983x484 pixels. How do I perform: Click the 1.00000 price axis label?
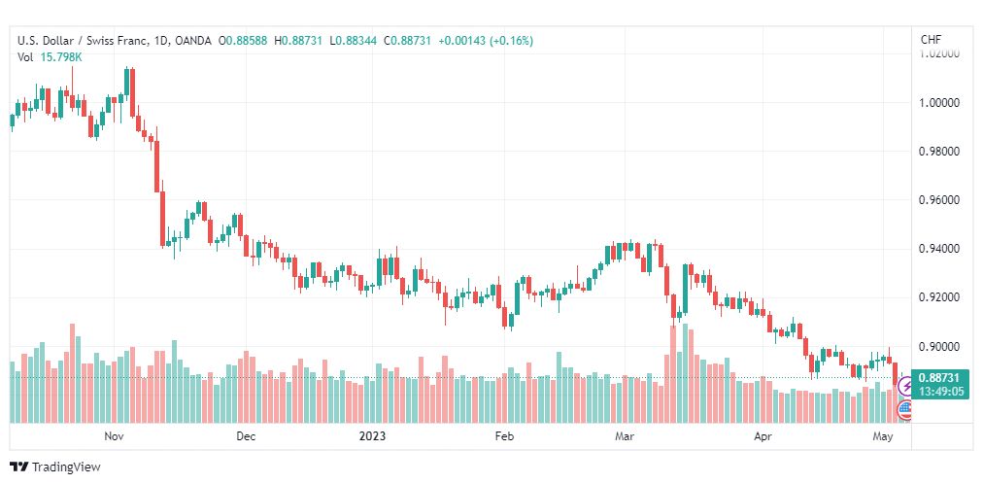[939, 102]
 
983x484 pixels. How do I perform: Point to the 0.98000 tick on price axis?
[939, 151]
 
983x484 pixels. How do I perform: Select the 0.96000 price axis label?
[939, 200]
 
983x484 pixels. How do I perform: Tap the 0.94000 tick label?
[939, 249]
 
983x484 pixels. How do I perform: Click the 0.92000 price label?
[939, 297]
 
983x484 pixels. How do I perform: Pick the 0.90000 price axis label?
[939, 347]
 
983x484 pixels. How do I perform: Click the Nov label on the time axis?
[114, 436]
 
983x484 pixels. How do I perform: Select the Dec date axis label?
[246, 436]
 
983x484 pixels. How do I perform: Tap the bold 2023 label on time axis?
[372, 436]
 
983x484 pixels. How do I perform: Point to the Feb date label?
[504, 436]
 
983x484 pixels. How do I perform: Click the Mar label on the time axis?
[625, 436]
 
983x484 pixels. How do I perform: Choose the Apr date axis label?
[763, 436]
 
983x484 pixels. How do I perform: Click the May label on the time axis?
[883, 436]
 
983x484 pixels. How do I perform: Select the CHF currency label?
[931, 40]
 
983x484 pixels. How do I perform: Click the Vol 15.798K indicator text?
[50, 57]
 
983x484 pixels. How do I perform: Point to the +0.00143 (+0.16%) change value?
[486, 41]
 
